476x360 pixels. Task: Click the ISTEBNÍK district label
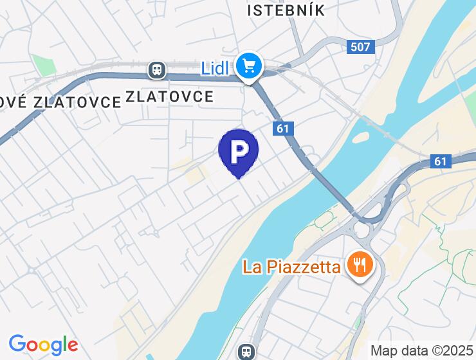point(286,10)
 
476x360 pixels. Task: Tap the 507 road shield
point(360,46)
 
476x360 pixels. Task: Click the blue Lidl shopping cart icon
point(248,66)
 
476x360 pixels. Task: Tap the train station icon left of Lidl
point(156,68)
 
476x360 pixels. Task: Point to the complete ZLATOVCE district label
point(169,97)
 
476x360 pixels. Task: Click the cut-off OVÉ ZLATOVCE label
point(60,102)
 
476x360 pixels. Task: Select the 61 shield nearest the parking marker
point(282,129)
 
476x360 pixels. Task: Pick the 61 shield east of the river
point(440,161)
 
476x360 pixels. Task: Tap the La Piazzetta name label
point(291,266)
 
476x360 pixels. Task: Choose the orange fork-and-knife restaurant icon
point(359,264)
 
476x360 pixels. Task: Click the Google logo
point(43,345)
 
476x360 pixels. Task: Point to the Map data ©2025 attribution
point(421,351)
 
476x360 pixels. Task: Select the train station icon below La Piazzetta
point(245,351)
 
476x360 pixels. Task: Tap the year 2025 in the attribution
point(457,351)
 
